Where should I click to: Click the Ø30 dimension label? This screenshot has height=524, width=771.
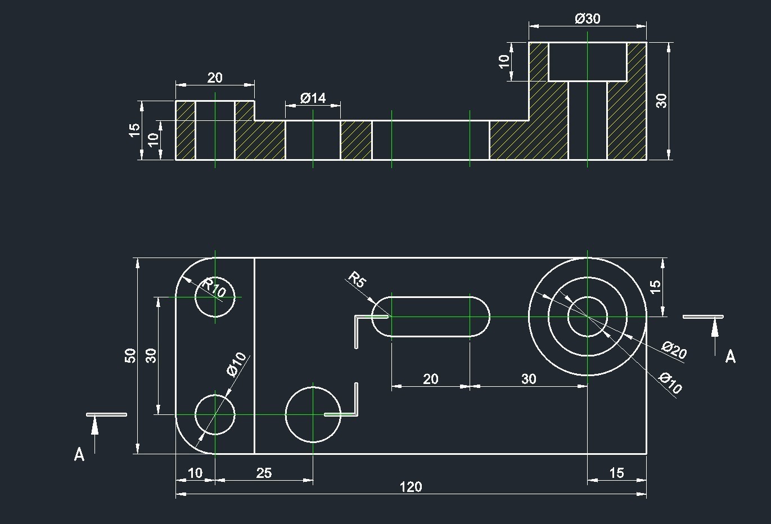588,18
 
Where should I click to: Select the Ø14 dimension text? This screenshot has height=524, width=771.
313,98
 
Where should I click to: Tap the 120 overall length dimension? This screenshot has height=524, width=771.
411,487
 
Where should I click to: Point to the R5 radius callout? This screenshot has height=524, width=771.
357,279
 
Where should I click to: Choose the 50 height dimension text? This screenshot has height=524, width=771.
130,356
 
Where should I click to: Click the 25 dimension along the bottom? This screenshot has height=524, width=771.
264,473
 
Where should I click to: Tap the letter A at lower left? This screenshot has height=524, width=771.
79,454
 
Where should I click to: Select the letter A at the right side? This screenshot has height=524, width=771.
730,356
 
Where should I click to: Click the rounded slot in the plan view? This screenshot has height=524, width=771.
431,317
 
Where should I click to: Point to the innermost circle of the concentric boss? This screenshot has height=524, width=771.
588,317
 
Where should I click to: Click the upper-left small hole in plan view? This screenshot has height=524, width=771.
215,297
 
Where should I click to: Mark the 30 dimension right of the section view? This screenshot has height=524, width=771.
661,101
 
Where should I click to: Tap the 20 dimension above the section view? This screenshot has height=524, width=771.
215,78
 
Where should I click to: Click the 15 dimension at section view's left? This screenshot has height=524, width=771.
134,130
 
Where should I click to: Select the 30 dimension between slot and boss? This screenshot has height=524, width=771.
529,379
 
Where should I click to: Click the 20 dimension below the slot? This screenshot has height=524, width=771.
431,379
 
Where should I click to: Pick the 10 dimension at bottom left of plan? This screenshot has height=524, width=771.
195,473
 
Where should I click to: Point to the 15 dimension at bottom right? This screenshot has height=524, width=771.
616,473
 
